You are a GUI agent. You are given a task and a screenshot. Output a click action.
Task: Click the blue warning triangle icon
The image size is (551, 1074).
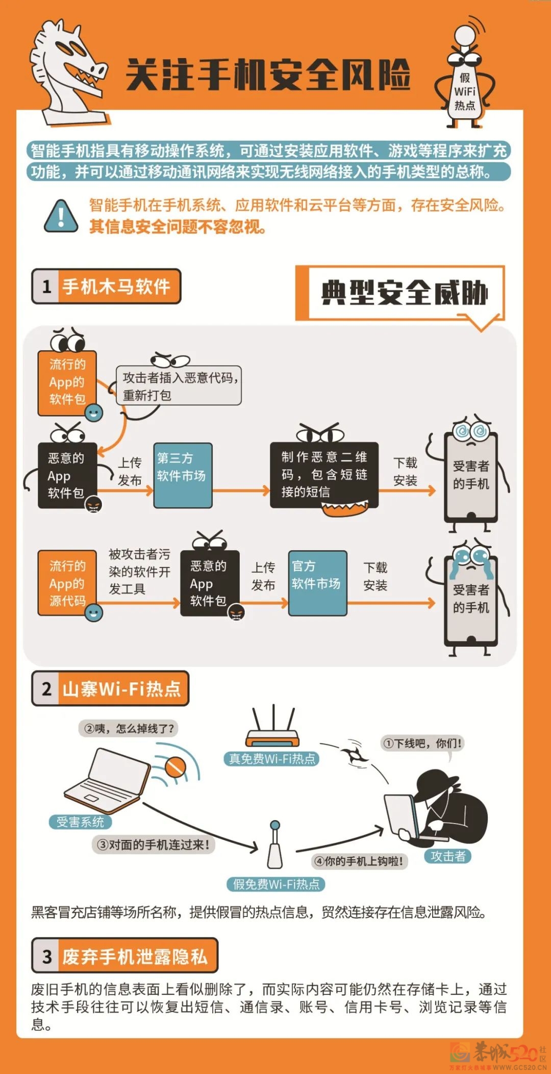[x=61, y=216]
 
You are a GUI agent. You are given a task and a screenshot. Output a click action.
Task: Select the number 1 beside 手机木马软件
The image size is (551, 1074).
[x=46, y=287]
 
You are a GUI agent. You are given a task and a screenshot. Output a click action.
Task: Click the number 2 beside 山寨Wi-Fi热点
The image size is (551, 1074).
[x=46, y=689]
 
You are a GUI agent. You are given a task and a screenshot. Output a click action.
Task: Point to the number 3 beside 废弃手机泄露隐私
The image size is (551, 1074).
[x=47, y=957]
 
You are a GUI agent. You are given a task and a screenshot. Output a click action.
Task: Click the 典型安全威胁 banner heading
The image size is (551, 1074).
[x=404, y=293]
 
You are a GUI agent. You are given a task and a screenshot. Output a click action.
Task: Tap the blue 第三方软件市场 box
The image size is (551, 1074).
[x=183, y=475]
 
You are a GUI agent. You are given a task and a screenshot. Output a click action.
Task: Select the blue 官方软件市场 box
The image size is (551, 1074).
[x=317, y=582]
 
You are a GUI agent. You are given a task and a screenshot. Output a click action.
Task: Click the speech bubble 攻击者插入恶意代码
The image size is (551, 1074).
[x=179, y=386]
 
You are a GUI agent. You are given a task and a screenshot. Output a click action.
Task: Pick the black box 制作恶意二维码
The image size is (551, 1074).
[x=324, y=474]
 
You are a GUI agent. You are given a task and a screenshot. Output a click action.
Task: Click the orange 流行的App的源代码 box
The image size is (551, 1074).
[x=67, y=582]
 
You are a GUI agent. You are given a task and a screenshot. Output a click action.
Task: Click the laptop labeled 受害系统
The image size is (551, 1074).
[x=107, y=781]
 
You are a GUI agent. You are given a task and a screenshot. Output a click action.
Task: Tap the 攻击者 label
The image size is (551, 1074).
[x=447, y=856]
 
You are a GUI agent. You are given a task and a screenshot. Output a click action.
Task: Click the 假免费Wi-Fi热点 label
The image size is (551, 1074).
[x=276, y=884]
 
